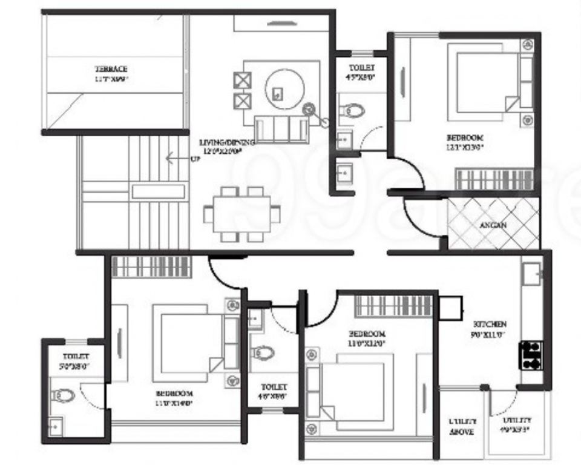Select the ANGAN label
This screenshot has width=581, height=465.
tap(493, 225)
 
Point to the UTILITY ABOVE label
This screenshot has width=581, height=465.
tap(462, 426)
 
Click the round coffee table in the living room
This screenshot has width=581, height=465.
tap(282, 90)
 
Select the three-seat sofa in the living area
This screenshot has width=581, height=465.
tap(281, 128)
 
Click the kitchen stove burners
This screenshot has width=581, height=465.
tap(531, 355)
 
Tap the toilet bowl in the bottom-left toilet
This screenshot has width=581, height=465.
tap(64, 395)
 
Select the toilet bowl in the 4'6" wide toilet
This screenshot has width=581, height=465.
tap(263, 352)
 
